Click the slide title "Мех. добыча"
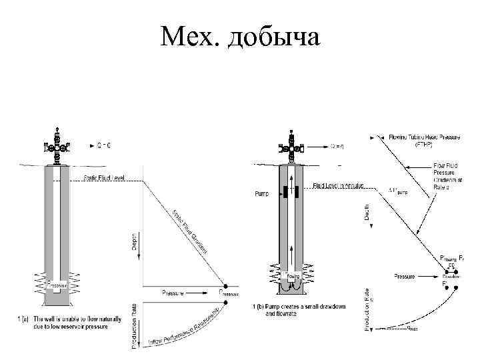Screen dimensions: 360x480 (240, 38)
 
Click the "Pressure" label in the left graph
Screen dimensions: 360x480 (173, 292)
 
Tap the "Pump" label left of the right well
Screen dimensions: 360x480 (263, 194)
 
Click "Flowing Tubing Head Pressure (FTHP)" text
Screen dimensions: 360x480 (423, 140)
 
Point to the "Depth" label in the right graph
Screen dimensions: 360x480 (367, 214)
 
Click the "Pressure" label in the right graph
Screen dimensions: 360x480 (405, 275)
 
